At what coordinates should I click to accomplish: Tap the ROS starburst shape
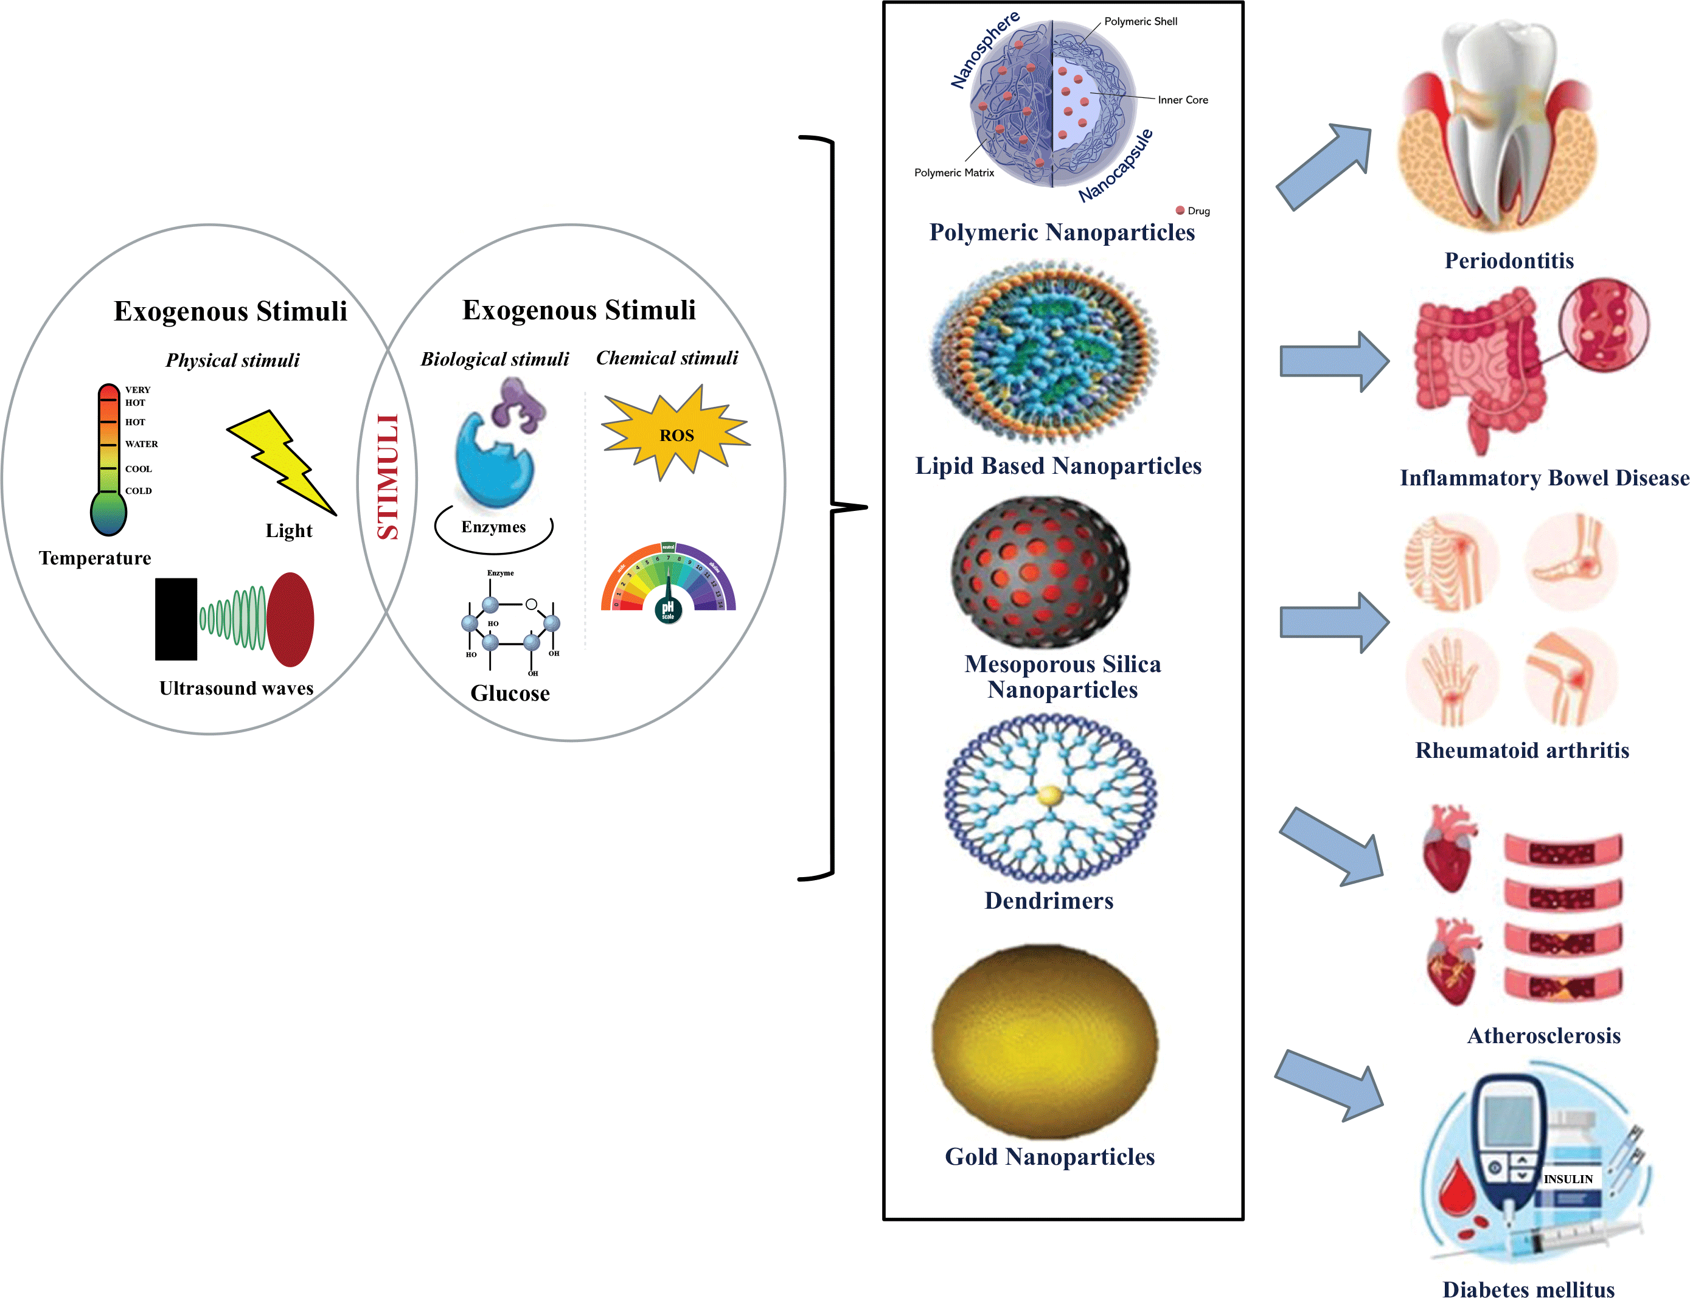tap(675, 434)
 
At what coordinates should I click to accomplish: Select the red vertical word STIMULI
tap(387, 477)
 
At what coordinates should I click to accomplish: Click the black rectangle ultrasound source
tap(176, 619)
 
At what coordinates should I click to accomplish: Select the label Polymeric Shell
tap(1140, 22)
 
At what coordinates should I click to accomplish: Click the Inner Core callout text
tap(1181, 100)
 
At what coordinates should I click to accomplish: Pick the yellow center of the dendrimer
tap(1049, 795)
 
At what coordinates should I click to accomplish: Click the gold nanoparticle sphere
tap(1045, 1041)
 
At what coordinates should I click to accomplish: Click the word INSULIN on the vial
tap(1568, 1179)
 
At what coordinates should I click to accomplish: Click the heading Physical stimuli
tap(232, 360)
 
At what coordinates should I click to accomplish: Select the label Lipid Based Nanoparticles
tap(1058, 466)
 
